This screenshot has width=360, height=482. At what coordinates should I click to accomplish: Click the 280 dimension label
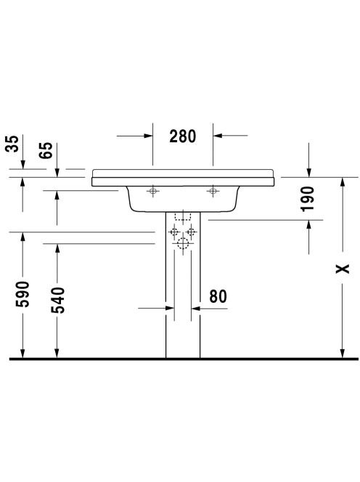[x=182, y=136]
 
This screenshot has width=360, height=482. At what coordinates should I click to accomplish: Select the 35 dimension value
[x=12, y=144]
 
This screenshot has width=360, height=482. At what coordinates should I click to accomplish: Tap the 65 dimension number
[x=46, y=150]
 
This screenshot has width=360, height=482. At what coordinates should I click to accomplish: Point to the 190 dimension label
[x=308, y=199]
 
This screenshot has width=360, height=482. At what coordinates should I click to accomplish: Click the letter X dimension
[x=343, y=269]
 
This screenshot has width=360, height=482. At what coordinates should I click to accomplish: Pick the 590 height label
[x=22, y=294]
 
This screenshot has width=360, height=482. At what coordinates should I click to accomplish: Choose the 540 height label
[x=58, y=300]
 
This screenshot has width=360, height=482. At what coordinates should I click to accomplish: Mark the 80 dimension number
[x=218, y=296]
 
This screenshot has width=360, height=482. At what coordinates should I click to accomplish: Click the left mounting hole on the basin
[x=153, y=191]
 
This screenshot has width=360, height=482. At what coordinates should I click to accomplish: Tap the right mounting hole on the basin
[x=213, y=191]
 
